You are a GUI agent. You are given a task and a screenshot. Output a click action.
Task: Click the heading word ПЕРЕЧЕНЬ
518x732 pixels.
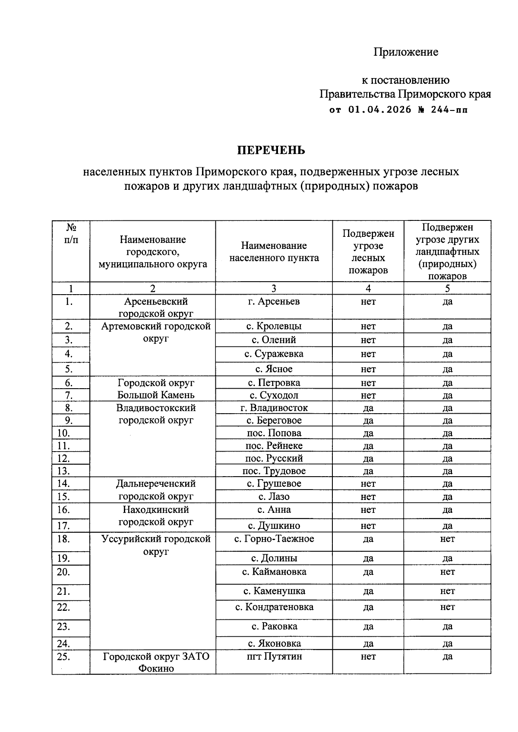271,150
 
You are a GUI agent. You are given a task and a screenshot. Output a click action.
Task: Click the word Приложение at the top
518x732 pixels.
405,52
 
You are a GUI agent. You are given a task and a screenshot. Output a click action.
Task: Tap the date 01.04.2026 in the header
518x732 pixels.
379,110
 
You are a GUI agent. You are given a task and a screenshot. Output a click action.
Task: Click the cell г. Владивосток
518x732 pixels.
274,408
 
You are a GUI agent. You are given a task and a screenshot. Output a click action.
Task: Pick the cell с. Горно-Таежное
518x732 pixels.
274,539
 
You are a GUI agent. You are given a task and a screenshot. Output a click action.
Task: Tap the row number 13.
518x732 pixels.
63,471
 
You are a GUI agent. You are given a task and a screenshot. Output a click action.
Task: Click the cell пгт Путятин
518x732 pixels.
274,657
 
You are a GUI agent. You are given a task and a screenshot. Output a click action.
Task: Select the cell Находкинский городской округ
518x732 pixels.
155,516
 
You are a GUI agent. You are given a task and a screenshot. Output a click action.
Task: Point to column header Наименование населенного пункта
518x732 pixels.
274,251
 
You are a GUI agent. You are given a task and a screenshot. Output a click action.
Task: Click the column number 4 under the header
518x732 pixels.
368,289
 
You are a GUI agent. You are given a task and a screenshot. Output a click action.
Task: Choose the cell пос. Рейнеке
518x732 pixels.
274,446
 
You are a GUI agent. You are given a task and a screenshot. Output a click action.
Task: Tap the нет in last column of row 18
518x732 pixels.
447,539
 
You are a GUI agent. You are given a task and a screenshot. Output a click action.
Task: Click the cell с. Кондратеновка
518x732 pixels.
274,607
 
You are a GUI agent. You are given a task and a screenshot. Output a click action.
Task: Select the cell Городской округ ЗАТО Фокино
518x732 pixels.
155,663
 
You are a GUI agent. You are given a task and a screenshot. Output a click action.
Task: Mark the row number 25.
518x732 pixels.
63,657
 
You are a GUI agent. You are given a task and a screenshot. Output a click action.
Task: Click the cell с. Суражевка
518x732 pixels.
274,354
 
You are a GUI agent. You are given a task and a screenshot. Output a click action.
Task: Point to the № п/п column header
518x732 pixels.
71,233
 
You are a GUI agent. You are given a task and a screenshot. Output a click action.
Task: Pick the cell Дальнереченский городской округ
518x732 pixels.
155,490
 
